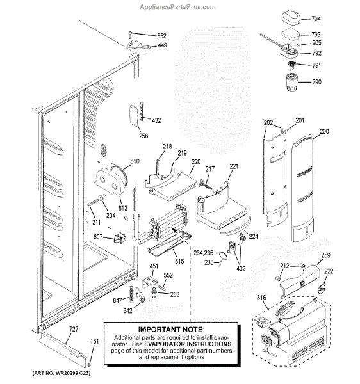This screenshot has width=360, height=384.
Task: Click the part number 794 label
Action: point(316,19)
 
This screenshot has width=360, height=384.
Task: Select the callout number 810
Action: point(135,161)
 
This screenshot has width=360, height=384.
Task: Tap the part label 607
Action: point(98,237)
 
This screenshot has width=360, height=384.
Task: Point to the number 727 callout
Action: point(74,329)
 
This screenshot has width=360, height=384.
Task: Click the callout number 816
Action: point(261,298)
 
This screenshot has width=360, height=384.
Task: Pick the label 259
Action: point(325,255)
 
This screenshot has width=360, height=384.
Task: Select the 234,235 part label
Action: point(204,253)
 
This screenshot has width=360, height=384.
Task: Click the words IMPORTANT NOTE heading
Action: point(171,330)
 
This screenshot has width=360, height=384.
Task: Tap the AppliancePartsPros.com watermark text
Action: point(177,7)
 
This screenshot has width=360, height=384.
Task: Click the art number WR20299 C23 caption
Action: point(61,373)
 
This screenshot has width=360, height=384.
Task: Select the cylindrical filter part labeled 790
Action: point(291,82)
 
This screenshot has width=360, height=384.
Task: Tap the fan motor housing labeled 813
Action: point(109,182)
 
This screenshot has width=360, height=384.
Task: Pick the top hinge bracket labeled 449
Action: point(138,45)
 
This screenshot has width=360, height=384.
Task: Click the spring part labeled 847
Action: point(131,294)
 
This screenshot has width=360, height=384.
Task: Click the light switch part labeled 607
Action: point(120,238)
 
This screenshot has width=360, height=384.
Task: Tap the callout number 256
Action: point(143,136)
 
